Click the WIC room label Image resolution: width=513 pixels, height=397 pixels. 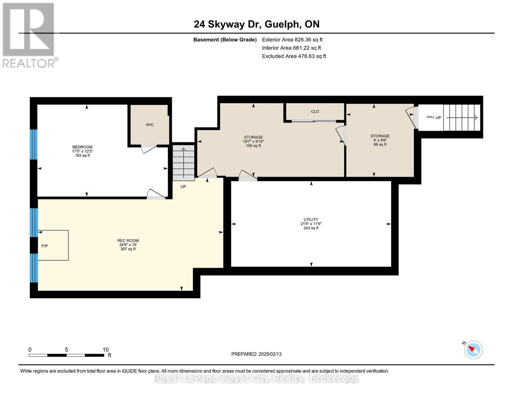pos(150,125)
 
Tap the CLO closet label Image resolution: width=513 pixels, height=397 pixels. pos(315,111)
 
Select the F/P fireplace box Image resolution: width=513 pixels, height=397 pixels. pos(53,245)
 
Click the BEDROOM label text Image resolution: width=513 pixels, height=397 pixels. pos(82,147)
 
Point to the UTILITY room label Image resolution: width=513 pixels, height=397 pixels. pos(311,219)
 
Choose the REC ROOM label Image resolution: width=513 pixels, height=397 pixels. pos(128,241)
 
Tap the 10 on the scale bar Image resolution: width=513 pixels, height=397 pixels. pos(105,349)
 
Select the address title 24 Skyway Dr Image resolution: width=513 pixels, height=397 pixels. pos(228,24)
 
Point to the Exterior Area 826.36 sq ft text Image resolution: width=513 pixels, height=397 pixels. pos(292,40)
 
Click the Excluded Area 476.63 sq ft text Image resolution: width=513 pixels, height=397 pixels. pos(294,56)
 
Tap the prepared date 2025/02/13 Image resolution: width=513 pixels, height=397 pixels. pos(270,354)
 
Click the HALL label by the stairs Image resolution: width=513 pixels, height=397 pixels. pos(430,117)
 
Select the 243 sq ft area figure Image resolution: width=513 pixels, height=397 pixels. pos(311,228)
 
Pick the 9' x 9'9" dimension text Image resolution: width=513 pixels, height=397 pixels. pos(380,140)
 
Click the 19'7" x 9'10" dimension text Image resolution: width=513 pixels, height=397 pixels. pos(253,141)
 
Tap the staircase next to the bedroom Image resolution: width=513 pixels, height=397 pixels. pos(183,163)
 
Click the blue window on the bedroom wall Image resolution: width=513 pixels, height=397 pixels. pos(33,145)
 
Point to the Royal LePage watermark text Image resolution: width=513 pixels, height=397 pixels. pos(256,378)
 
